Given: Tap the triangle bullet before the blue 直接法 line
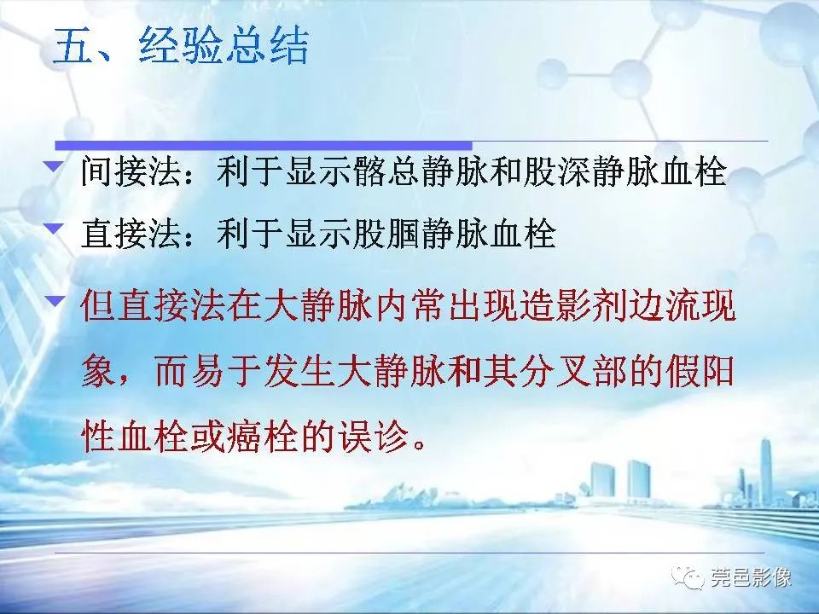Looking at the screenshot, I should click(x=55, y=226).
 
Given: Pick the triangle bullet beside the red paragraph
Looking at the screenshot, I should click(x=55, y=299).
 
